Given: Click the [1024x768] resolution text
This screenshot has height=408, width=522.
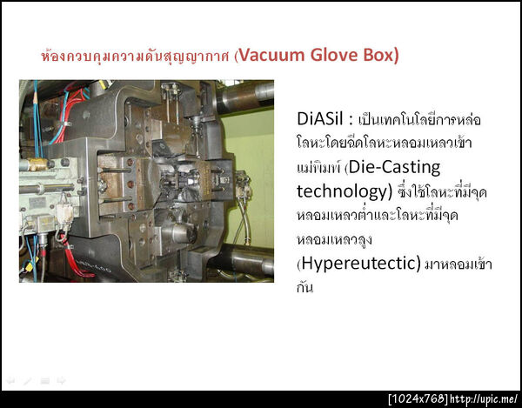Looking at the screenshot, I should coord(418,398).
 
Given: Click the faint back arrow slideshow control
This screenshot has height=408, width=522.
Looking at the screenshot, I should coord(10,380).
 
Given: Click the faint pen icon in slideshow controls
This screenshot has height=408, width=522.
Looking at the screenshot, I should coord(28,380).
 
